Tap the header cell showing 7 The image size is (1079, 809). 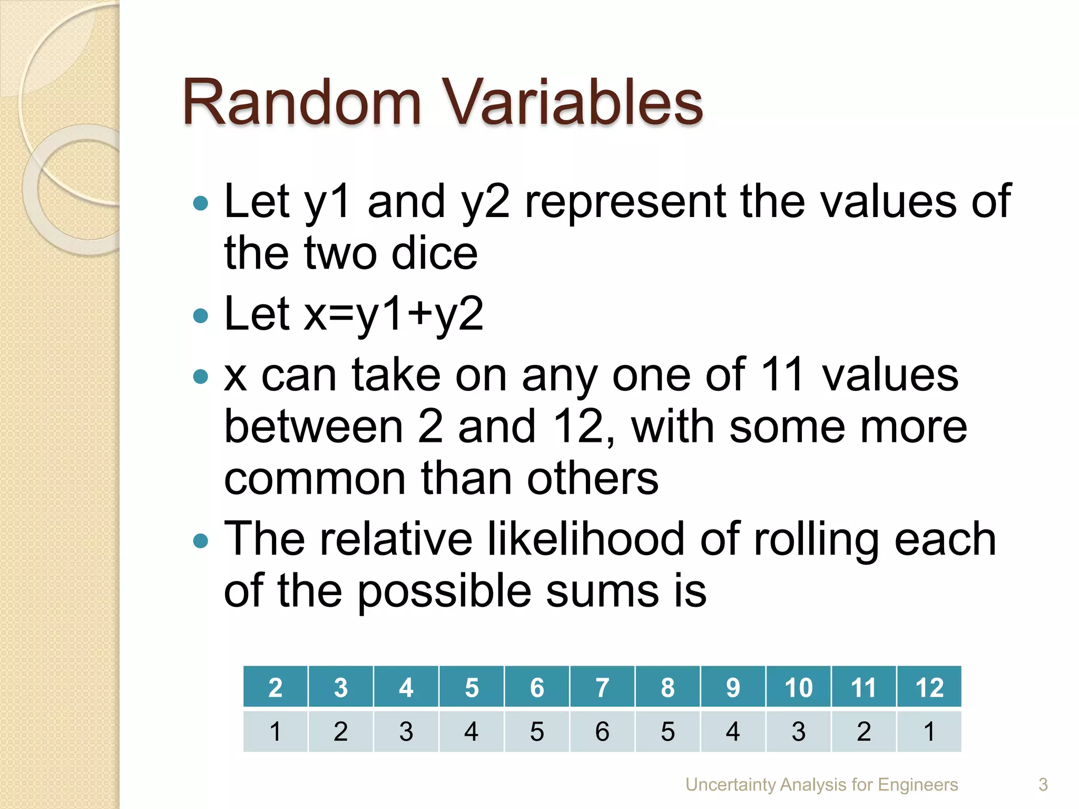pyautogui.click(x=602, y=687)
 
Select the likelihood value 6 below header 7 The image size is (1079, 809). pyautogui.click(x=602, y=732)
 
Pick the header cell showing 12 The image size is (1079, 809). pyautogui.click(x=929, y=687)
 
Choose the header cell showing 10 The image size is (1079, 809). pyautogui.click(x=798, y=687)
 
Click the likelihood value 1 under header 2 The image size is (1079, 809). pyautogui.click(x=275, y=732)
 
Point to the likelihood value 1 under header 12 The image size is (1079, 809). pyautogui.click(x=929, y=732)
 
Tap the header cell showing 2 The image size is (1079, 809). pyautogui.click(x=275, y=687)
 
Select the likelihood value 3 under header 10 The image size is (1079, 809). pyautogui.click(x=798, y=732)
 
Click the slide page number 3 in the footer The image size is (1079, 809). pyautogui.click(x=1043, y=785)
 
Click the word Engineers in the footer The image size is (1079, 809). pyautogui.click(x=918, y=785)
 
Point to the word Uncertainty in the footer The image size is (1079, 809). pyautogui.click(x=731, y=785)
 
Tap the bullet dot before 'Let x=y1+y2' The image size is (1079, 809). pyautogui.click(x=201, y=315)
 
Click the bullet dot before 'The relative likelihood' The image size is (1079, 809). pyautogui.click(x=201, y=541)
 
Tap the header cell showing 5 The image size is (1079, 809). pyautogui.click(x=472, y=687)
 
